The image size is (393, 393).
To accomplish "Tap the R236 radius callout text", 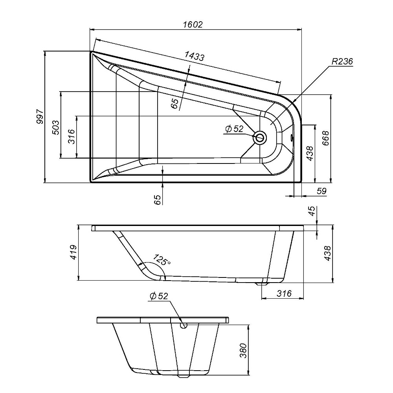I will click(342, 62).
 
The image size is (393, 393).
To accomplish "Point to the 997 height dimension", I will click(39, 117).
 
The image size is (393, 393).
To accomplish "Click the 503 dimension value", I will click(55, 126).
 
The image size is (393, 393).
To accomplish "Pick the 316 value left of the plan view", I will click(71, 137).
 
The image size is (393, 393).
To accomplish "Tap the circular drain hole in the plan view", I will click(260, 138).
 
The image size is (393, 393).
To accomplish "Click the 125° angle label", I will click(162, 260).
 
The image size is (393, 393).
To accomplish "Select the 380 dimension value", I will click(244, 351).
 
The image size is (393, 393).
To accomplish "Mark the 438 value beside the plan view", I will click(309, 154).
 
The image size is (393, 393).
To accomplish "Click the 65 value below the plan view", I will click(157, 199).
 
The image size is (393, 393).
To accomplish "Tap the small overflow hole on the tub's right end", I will click(291, 138).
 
